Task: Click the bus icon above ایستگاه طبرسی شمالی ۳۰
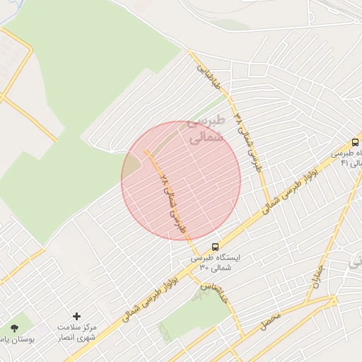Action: point(215,247)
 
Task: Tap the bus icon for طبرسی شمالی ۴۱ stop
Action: point(355,141)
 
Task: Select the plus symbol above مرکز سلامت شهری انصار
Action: point(77,316)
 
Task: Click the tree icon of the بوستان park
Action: point(15,327)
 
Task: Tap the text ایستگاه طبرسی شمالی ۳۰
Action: point(216,263)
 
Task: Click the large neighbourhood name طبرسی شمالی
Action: point(207,131)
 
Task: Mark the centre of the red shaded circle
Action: point(181,181)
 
